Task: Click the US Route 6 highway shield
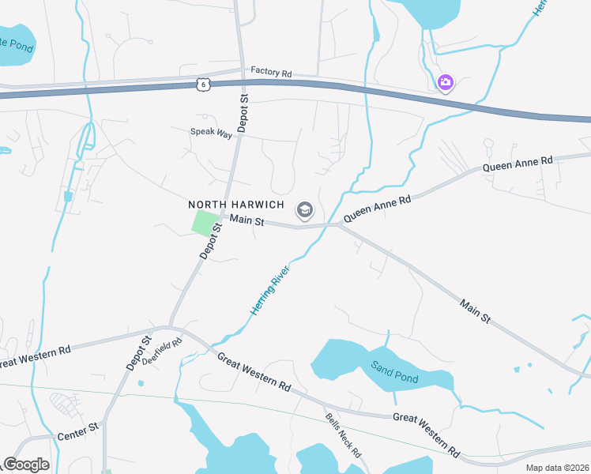204,84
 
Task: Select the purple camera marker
446,81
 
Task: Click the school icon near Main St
303,210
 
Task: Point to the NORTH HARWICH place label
235,205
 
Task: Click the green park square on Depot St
205,223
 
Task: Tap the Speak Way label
211,133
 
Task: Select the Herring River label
270,290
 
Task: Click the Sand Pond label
394,372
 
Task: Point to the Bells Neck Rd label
343,435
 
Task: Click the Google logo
26,465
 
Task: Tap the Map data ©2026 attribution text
557,468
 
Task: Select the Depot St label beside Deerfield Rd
137,353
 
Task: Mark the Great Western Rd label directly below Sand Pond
427,435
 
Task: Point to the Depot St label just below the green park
207,242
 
